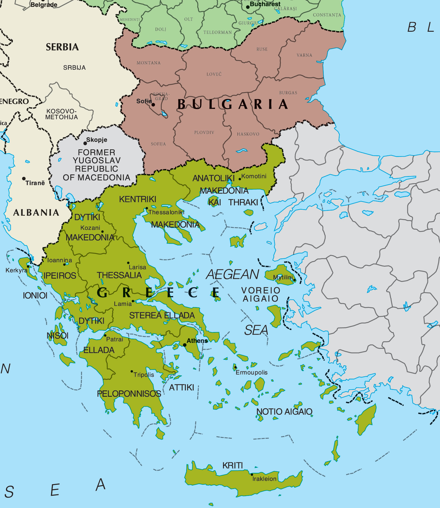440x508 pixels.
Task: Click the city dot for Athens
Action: pos(185,345)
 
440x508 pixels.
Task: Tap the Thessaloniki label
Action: pos(166,212)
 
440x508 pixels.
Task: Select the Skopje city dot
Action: pos(85,143)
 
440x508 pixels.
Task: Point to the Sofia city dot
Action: pos(153,104)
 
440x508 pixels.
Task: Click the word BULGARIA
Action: pos(233,104)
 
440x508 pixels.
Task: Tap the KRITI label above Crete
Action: pos(232,465)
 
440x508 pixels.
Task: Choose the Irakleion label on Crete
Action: pos(264,479)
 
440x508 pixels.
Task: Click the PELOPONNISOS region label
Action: pos(129,394)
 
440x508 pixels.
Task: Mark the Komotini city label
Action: pos(254,176)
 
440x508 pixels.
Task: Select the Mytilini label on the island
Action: pos(283,277)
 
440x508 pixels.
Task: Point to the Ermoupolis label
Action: pos(251,372)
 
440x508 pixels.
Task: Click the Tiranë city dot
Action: pos(24,179)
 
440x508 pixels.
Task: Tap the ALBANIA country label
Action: pos(36,212)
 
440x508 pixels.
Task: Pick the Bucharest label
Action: pos(265,4)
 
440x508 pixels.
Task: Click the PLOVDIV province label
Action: pos(204,133)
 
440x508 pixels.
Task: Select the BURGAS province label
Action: pos(288,93)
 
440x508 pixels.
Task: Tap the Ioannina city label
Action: pos(60,260)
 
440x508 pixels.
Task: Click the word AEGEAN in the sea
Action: pos(232,275)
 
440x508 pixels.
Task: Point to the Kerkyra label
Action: pos(16,270)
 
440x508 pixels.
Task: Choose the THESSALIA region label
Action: pos(119,275)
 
